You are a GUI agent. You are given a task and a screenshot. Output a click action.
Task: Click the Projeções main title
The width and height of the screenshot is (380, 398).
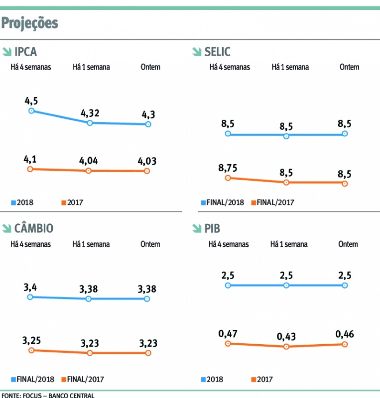click(x=30, y=23)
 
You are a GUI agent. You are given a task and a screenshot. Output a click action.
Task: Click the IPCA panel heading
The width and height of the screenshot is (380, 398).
click(x=25, y=52)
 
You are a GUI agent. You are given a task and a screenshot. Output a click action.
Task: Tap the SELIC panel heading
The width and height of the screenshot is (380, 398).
click(x=217, y=52)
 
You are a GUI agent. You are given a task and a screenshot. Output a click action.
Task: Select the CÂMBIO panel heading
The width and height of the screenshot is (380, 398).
click(x=34, y=228)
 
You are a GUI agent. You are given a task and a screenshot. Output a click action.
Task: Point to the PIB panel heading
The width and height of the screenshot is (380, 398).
click(x=212, y=228)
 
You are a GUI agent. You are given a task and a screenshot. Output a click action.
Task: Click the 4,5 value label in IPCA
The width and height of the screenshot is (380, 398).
click(x=31, y=101)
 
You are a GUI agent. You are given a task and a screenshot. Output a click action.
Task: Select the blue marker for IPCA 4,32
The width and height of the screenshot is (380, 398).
click(x=90, y=123)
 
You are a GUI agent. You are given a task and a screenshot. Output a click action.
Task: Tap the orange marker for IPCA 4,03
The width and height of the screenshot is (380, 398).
click(x=147, y=171)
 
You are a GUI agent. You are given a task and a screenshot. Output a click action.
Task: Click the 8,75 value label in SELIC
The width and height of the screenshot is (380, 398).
click(x=228, y=168)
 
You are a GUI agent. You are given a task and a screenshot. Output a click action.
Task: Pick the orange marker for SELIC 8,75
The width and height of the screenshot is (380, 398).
click(x=228, y=178)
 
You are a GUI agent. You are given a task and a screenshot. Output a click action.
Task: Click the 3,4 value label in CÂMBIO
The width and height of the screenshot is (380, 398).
click(x=30, y=287)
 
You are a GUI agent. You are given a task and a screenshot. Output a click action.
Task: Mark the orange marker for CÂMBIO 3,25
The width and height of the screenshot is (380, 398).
click(x=31, y=350)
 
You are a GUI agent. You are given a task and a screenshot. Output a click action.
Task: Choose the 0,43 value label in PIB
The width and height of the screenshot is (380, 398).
click(x=286, y=337)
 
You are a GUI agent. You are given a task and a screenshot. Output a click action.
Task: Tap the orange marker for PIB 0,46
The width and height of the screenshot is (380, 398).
click(x=345, y=344)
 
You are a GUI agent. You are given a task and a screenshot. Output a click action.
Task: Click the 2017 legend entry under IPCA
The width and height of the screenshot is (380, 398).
click(x=73, y=203)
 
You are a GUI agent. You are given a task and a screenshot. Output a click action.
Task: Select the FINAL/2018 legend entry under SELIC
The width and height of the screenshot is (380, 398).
click(x=223, y=203)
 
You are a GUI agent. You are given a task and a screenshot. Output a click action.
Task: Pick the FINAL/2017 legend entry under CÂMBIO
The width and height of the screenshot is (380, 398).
click(x=83, y=379)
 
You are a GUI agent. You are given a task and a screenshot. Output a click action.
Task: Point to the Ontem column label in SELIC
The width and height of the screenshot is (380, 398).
click(x=349, y=67)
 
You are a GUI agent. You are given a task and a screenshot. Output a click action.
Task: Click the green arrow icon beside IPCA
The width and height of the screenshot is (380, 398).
click(x=7, y=52)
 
